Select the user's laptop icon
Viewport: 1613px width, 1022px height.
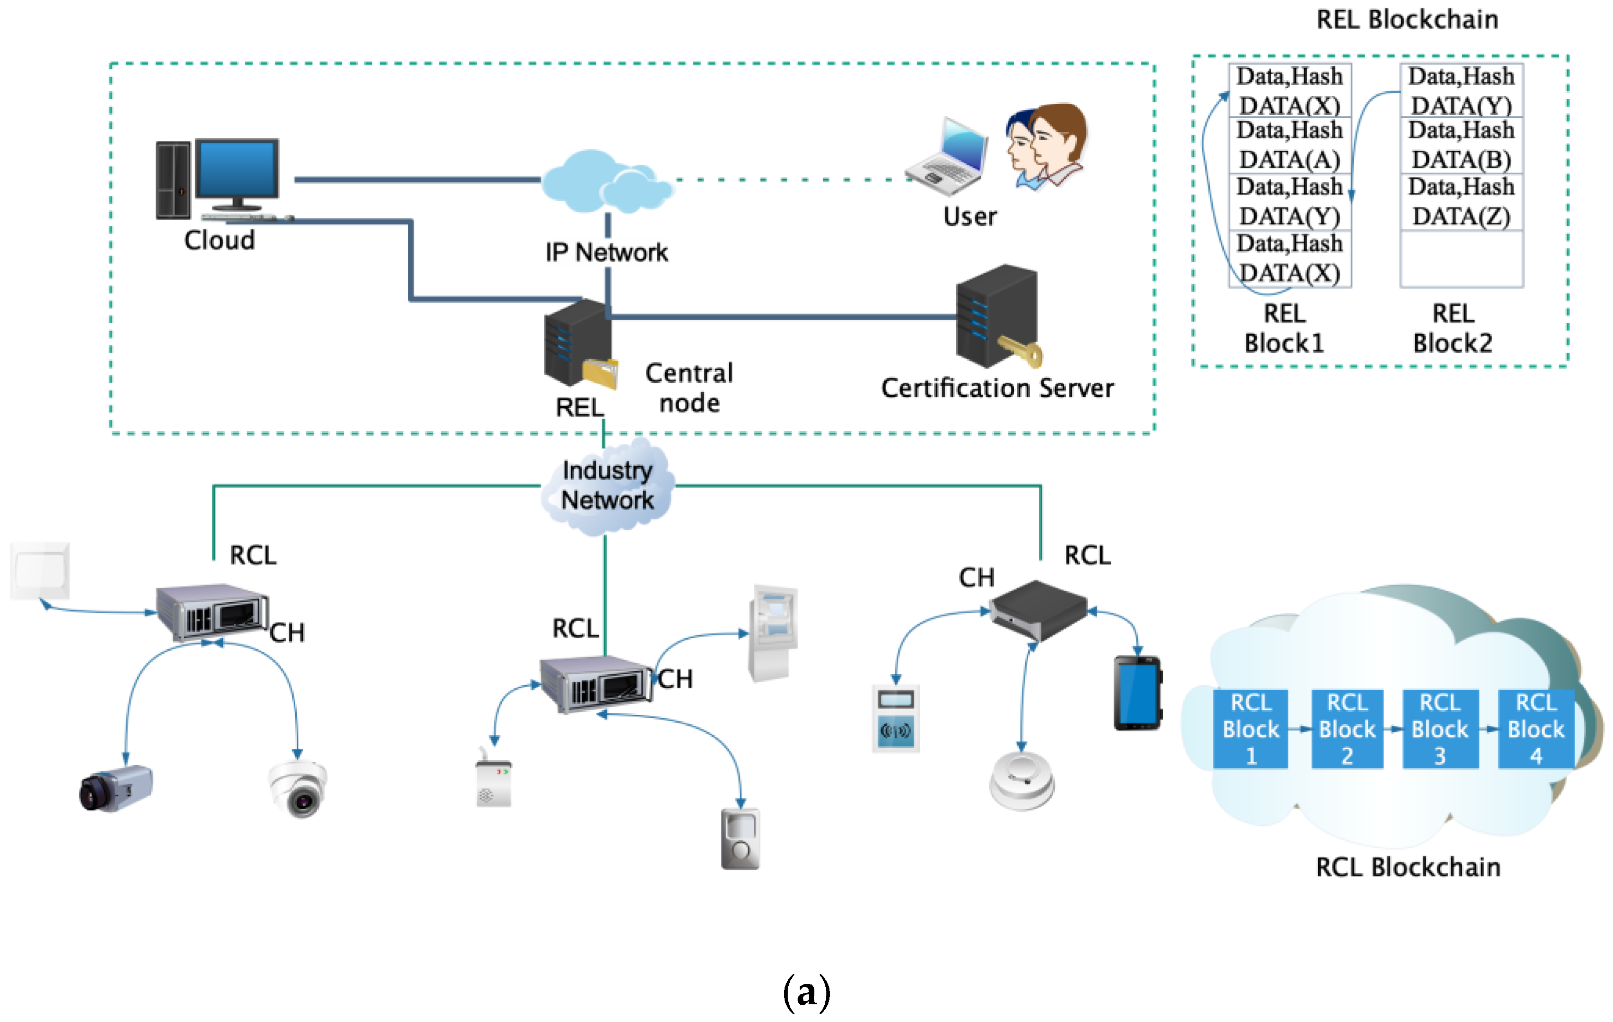click(948, 157)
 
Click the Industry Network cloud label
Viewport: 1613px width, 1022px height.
click(607, 485)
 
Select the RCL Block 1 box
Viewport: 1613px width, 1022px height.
click(1250, 728)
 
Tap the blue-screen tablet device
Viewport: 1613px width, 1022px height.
click(1137, 693)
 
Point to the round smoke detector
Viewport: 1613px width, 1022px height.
click(1021, 780)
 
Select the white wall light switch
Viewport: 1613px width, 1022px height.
click(40, 570)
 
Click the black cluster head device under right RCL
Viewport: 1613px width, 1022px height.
click(1038, 609)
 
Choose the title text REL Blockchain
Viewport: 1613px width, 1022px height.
click(1407, 19)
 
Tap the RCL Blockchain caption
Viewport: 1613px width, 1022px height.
click(1407, 867)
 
